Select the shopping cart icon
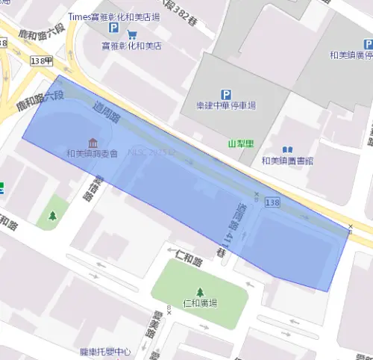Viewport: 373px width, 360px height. (x=132, y=34)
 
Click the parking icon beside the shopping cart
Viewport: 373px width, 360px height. (x=114, y=28)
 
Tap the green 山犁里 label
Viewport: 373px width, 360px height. (x=241, y=142)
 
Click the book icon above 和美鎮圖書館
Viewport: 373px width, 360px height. (x=287, y=149)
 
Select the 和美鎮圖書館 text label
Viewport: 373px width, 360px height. (x=287, y=161)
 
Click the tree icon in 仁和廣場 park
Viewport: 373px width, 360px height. (x=199, y=292)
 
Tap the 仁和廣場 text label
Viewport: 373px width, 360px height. (x=199, y=303)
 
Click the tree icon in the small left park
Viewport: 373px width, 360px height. (x=53, y=216)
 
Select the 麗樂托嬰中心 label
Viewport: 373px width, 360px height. (x=105, y=351)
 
